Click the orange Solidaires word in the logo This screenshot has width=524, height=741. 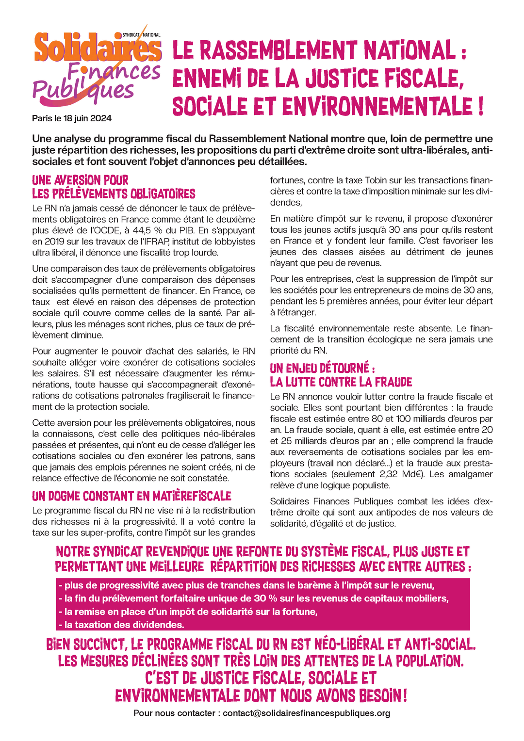(x=97, y=48)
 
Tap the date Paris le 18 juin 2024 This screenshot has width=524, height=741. (x=72, y=118)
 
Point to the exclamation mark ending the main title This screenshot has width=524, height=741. (x=480, y=106)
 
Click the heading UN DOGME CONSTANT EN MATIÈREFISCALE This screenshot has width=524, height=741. (x=131, y=496)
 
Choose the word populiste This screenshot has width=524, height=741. (x=371, y=485)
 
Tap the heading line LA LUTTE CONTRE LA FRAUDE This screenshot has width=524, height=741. (x=341, y=382)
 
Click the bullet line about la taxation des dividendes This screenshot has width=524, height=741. (x=121, y=625)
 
